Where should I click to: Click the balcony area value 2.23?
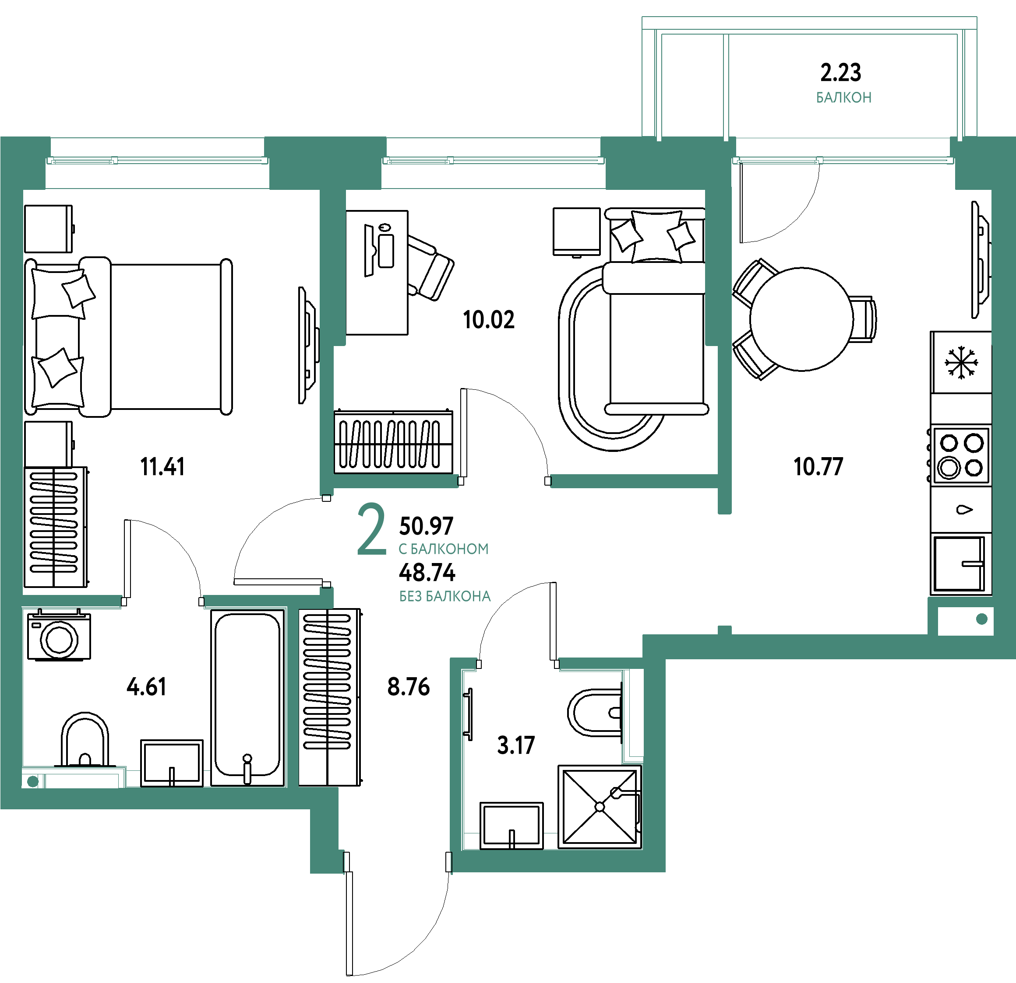point(840,73)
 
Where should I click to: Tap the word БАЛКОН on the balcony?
point(843,98)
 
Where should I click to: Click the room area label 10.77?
point(818,467)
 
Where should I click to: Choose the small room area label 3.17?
point(515,746)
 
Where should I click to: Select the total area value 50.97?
point(426,526)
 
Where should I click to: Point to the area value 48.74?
point(427,573)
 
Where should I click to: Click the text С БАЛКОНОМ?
point(443,549)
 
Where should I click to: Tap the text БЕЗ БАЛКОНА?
point(445,597)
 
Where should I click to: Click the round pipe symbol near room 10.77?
point(981,619)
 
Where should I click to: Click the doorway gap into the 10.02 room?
point(504,481)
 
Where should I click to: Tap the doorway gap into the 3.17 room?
point(517,664)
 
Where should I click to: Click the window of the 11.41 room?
point(158,161)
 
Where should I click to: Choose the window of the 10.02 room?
point(494,161)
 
